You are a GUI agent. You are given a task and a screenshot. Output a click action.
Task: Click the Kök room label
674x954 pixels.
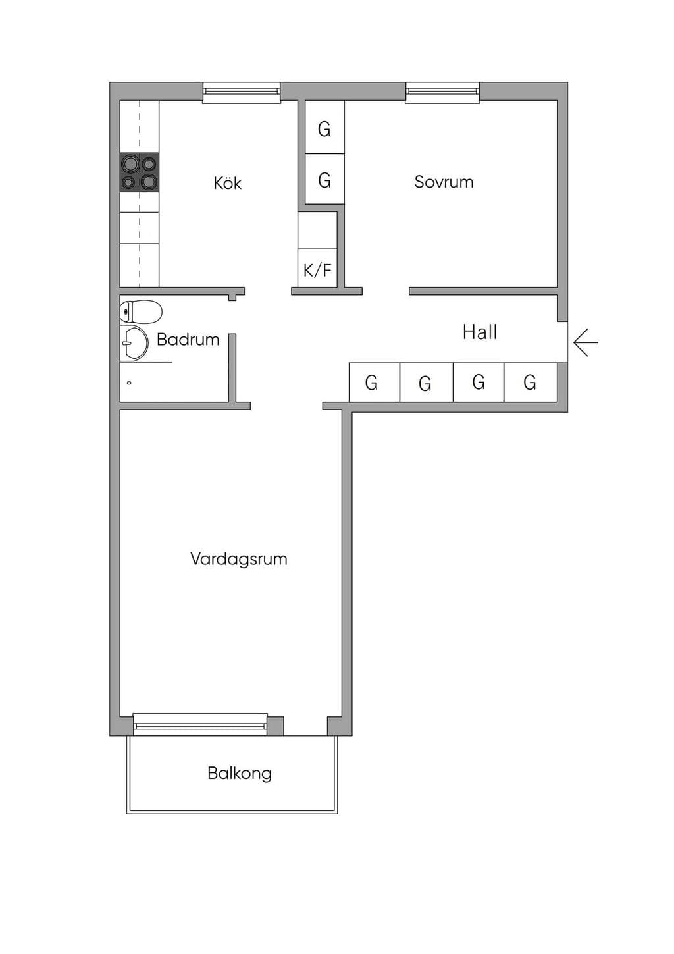[227, 183]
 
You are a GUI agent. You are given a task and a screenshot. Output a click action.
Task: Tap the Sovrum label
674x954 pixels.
[444, 182]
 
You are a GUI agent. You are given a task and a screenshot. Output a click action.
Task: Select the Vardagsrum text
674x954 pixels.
[238, 559]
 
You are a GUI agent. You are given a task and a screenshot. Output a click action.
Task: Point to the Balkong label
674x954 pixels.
[240, 773]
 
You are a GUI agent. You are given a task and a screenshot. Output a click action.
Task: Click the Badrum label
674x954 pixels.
[188, 340]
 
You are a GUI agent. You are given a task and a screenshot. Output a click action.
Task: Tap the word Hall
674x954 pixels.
[479, 332]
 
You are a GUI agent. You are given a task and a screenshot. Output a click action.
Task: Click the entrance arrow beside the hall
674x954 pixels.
[586, 342]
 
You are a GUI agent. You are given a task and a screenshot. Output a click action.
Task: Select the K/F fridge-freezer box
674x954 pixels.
[317, 267]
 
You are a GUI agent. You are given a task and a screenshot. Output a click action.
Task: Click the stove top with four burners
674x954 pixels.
[140, 172]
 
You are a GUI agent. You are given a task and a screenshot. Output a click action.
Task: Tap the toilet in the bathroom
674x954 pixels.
[141, 312]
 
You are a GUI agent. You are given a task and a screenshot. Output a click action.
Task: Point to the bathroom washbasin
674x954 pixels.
[134, 343]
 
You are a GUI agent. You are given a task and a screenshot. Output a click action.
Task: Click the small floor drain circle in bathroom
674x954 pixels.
[129, 383]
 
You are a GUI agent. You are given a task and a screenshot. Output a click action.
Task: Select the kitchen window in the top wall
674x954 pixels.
[242, 92]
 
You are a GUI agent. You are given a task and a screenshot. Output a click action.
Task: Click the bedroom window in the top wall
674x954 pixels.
[442, 92]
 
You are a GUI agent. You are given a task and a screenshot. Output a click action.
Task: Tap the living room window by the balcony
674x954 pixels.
[200, 724]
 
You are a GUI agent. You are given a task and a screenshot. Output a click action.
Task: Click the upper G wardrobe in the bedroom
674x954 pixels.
[324, 127]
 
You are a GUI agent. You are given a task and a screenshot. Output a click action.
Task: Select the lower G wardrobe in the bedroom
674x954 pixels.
[324, 179]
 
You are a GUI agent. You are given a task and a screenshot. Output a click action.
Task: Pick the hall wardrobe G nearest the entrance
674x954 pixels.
[531, 382]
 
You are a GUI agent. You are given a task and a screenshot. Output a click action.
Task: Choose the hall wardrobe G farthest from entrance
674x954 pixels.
[375, 382]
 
